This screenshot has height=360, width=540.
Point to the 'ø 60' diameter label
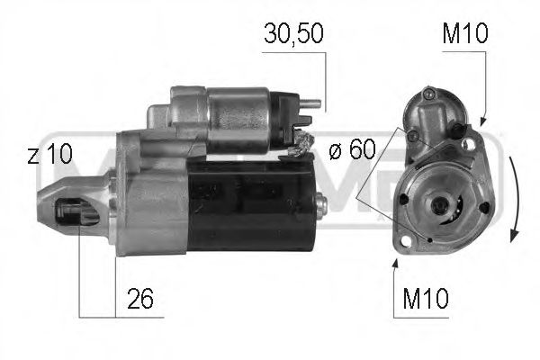(350, 151)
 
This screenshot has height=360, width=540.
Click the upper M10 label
(464, 34)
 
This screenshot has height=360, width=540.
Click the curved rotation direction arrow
(514, 198)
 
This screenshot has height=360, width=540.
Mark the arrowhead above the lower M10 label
(395, 263)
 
